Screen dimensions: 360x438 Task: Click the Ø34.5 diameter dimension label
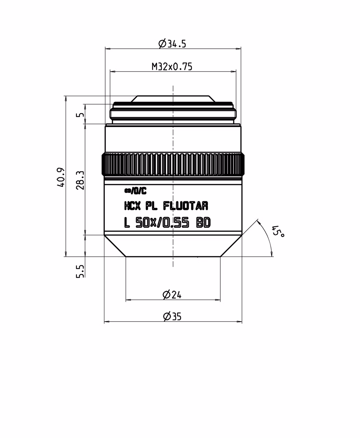[x=172, y=43]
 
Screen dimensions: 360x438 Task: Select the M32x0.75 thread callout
[x=172, y=67]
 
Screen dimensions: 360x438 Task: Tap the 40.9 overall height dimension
[x=61, y=178]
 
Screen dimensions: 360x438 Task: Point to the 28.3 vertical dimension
[x=80, y=180]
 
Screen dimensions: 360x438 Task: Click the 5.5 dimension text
[x=80, y=271]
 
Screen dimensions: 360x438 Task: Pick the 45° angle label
[x=278, y=231]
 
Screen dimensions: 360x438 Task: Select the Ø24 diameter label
[x=172, y=295]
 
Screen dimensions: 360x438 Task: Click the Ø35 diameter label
[x=172, y=316]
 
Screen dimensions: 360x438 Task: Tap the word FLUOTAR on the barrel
[x=185, y=206]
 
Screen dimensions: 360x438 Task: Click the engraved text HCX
[x=132, y=206]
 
